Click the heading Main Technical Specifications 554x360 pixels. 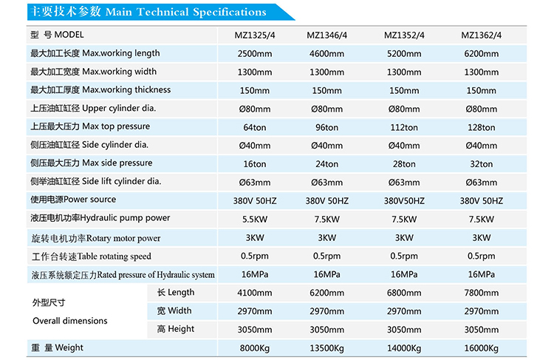(146, 13)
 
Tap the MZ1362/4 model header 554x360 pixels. (482, 35)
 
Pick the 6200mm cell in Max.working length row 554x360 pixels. (482, 54)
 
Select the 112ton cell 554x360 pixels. (404, 127)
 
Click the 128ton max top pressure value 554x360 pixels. (482, 127)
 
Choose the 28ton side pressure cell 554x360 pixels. (404, 164)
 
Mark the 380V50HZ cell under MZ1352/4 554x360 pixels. (404, 200)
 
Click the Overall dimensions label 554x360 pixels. (69, 321)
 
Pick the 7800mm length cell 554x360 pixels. (482, 293)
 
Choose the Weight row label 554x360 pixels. (57, 347)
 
